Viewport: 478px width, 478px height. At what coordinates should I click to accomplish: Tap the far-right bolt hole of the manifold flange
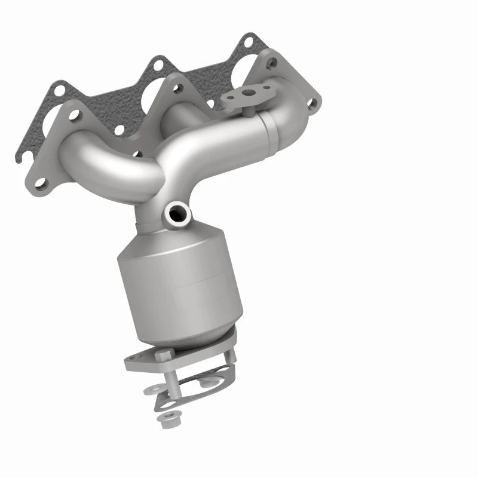311,103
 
